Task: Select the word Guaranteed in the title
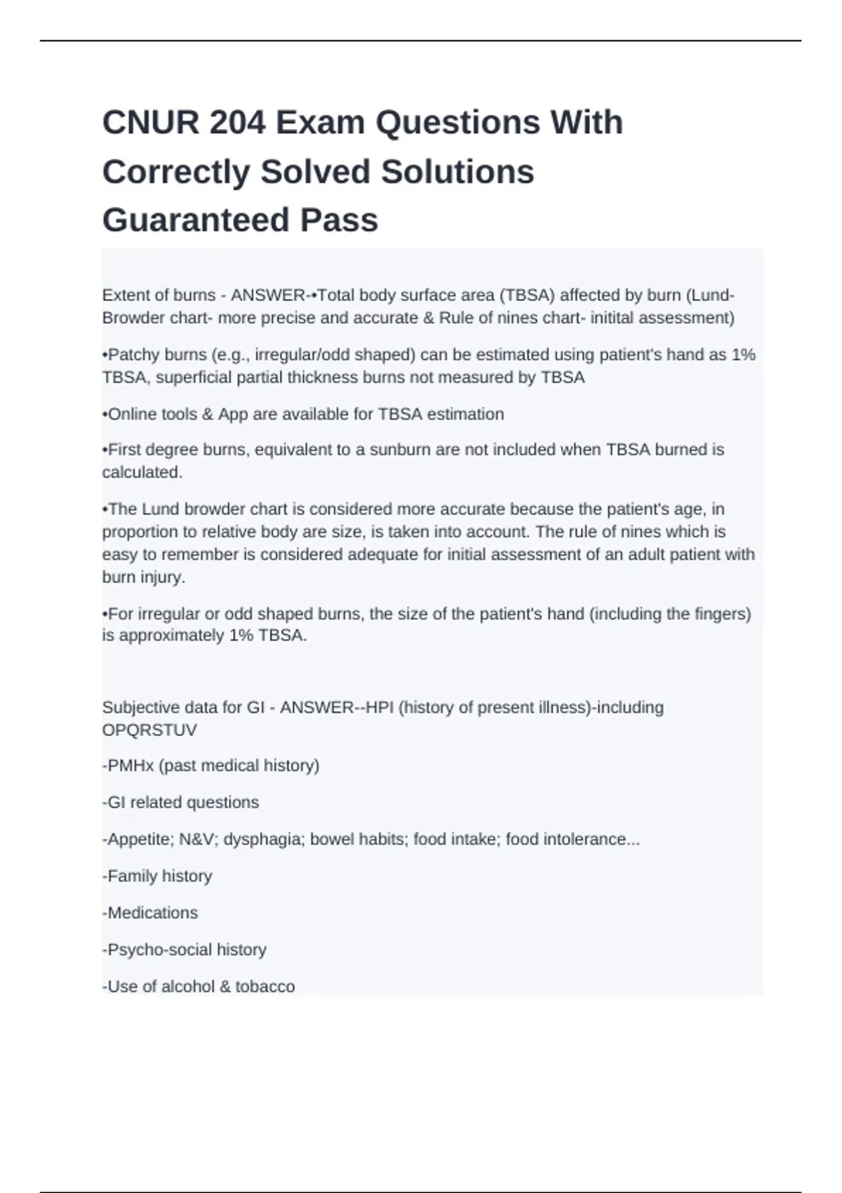click(196, 220)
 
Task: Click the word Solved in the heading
click(315, 172)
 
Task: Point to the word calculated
click(142, 472)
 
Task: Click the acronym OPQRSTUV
click(149, 730)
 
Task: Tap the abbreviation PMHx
click(131, 766)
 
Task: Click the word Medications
click(152, 913)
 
